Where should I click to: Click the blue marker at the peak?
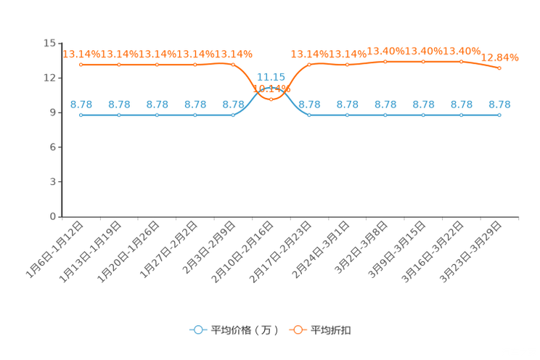tap(271, 87)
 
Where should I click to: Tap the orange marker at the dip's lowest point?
tap(271, 99)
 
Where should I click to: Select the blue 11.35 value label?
tap(271, 75)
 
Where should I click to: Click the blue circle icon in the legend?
tap(197, 330)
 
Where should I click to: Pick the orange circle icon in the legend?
tap(298, 330)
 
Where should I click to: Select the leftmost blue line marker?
tap(81, 115)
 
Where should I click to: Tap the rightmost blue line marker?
tap(499, 115)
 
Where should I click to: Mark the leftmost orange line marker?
tap(81, 65)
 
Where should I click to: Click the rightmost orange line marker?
tap(499, 68)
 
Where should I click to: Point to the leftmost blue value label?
tap(81, 105)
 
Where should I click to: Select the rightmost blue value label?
tap(499, 105)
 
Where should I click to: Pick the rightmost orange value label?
tap(501, 57)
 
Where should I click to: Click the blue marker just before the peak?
tap(233, 115)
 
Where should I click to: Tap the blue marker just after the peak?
tap(309, 115)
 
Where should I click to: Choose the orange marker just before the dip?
tap(233, 65)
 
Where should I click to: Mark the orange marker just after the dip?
tap(309, 65)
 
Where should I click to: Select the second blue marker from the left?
tap(119, 115)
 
